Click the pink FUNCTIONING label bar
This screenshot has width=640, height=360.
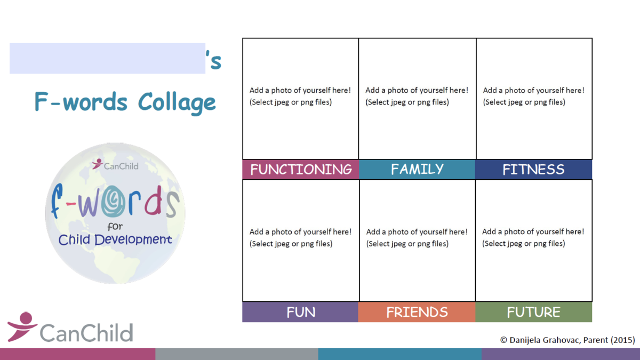pos(301,170)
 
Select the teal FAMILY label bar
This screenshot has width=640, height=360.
pos(417,170)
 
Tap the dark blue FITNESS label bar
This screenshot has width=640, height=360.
pos(533,170)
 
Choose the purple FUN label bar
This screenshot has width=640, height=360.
pos(300,312)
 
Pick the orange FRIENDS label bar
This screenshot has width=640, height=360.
pos(417,312)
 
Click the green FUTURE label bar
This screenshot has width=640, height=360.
pos(534,312)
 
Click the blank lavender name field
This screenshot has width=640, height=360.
pos(107,58)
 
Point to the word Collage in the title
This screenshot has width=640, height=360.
pos(177,102)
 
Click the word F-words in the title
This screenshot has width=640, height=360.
pos(81,102)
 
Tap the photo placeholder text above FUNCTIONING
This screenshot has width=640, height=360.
pos(300,96)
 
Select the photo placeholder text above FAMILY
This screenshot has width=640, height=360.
pos(417,96)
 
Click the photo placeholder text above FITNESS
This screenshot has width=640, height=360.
pos(533,96)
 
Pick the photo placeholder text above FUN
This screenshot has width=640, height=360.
pos(300,237)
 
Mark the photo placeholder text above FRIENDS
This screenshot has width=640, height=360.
pos(417,237)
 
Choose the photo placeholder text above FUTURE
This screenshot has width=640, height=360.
pos(533,237)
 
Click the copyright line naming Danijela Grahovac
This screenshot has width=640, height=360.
pos(567,340)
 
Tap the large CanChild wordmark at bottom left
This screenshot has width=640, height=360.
pos(86,333)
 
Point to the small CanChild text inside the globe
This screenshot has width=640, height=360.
pos(121,166)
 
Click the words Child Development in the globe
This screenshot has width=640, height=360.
pos(115,239)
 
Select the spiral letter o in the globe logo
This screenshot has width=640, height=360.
pos(113,202)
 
